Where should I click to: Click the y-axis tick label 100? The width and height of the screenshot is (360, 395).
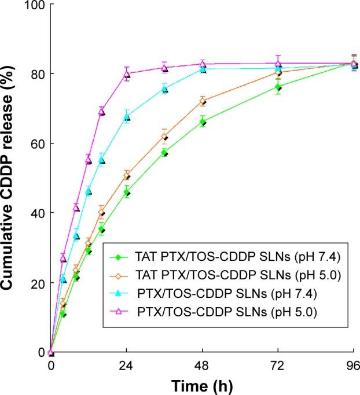pyautogui.click(x=35, y=5)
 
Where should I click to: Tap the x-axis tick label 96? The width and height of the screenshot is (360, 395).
pyautogui.click(x=352, y=366)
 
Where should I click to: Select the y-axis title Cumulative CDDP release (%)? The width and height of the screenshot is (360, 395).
pyautogui.click(x=10, y=178)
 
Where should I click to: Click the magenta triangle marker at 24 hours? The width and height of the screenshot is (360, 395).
pyautogui.click(x=127, y=74)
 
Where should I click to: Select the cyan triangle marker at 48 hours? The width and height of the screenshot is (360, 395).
pyautogui.click(x=203, y=69)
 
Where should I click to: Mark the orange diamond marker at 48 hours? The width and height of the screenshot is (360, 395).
pyautogui.click(x=203, y=102)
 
